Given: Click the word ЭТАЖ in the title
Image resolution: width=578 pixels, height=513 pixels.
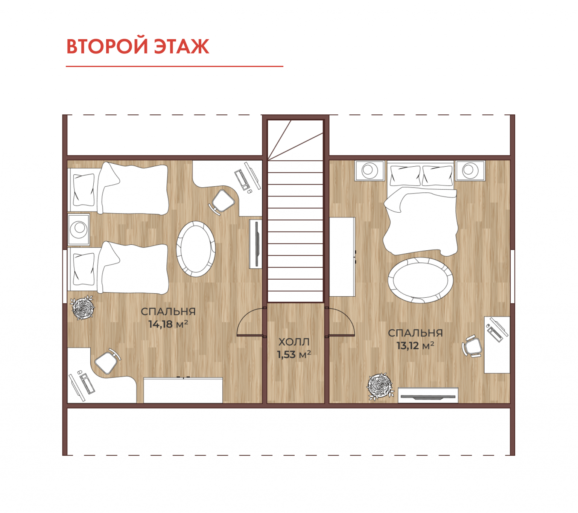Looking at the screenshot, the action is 181,46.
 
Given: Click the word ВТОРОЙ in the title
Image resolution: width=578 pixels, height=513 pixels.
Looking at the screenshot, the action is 107,46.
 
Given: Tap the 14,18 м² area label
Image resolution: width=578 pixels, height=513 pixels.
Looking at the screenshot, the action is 168,324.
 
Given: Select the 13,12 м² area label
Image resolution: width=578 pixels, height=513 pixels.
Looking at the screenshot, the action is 415,346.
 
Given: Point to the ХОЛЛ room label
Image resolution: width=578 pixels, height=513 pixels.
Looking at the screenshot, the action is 294,341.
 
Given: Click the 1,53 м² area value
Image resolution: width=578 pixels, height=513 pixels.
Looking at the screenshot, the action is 294,355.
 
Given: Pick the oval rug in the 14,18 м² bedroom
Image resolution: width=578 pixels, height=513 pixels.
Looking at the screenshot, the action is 196,249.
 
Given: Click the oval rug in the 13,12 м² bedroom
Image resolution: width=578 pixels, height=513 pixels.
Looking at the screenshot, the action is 420,280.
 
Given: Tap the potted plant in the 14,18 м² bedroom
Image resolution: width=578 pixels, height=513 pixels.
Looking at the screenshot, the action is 82,307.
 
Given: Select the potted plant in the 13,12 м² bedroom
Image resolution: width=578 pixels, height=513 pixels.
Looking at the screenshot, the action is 380,387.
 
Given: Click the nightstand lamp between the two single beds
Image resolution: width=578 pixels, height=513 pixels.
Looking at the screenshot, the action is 79,229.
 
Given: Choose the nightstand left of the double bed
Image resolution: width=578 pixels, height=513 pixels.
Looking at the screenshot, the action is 370,170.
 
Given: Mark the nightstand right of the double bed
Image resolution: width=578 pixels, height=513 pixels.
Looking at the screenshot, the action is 470,170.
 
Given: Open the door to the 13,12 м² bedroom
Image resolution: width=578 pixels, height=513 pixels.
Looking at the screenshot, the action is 340,322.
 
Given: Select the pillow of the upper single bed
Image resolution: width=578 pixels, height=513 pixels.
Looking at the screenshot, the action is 84,190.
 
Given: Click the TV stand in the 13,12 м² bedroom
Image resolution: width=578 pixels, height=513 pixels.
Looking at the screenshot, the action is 428,395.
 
